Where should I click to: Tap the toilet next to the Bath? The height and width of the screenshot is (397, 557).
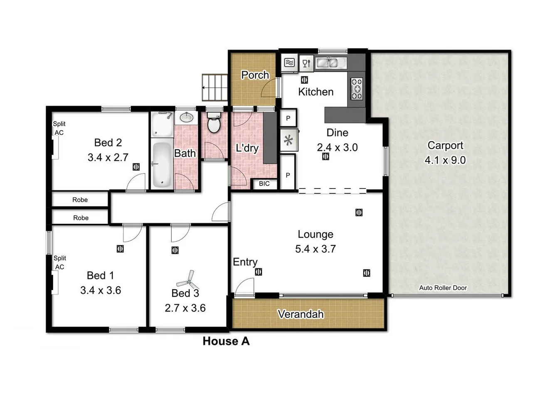(x=214, y=122)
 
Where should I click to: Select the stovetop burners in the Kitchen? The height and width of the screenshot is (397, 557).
(x=357, y=89)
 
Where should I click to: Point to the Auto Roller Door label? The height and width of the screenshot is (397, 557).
(x=443, y=288)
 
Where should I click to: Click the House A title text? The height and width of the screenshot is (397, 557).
(x=226, y=341)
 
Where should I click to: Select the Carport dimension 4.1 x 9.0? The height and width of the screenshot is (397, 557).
(x=445, y=160)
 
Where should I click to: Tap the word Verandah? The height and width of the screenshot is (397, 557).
(x=300, y=314)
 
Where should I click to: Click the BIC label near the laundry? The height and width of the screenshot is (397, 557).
(x=264, y=184)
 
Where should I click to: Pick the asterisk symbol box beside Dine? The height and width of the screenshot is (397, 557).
(x=288, y=140)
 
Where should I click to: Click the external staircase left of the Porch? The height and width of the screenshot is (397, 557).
(x=215, y=87)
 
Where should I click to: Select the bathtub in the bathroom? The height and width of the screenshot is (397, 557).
(x=161, y=165)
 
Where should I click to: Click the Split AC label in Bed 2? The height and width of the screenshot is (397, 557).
(x=59, y=128)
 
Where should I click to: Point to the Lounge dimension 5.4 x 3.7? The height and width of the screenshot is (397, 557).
(x=315, y=249)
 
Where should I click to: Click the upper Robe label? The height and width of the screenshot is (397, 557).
(x=80, y=200)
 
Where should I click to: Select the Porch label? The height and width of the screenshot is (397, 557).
(x=255, y=75)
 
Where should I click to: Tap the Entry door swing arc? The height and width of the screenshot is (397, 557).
(x=244, y=287)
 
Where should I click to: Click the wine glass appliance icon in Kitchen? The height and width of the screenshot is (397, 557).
(x=306, y=63)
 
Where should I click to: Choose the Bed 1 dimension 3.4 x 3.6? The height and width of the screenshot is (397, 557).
(x=101, y=290)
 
